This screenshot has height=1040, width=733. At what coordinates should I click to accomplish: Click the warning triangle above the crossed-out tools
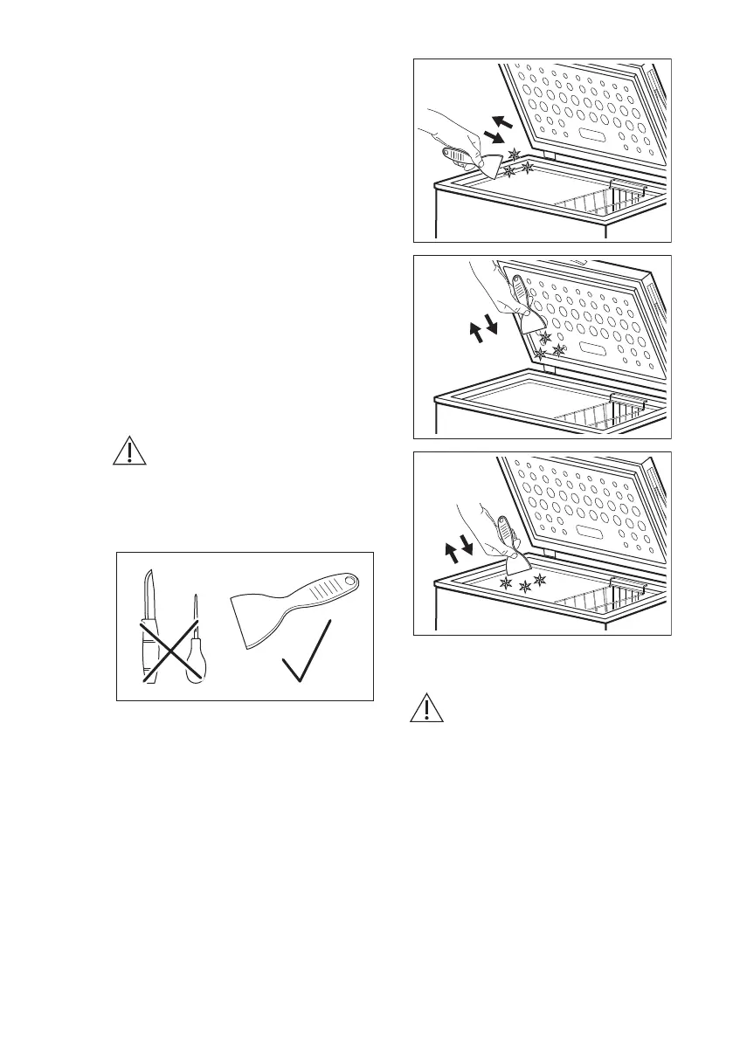click(x=128, y=451)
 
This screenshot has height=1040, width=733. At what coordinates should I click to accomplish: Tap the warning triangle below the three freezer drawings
click(x=425, y=708)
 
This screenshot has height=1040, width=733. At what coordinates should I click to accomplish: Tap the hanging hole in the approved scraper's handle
click(x=351, y=582)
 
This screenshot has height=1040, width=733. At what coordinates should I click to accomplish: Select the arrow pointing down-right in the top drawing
click(x=495, y=139)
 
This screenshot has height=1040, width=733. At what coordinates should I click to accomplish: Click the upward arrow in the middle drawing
click(x=476, y=332)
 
